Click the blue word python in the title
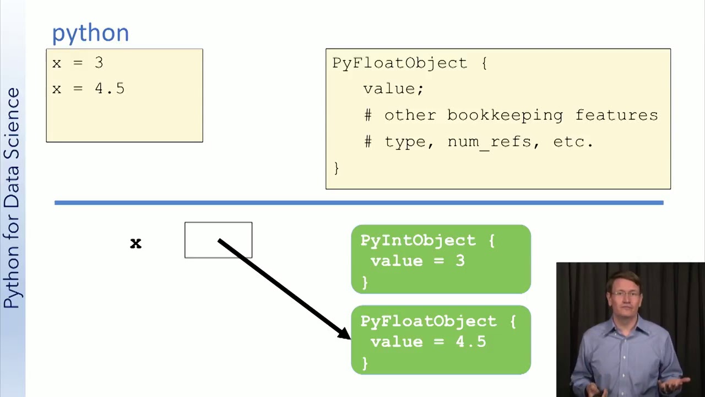(91, 34)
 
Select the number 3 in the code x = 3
(99, 63)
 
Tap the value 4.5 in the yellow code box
(110, 89)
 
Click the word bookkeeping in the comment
(505, 115)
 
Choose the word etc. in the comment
(573, 142)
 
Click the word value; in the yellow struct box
(393, 89)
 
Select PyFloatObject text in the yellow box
(400, 63)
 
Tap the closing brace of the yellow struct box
(337, 168)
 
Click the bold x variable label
(136, 244)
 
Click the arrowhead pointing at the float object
(345, 334)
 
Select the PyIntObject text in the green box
(418, 241)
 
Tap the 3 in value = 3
(460, 261)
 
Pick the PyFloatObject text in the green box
(429, 321)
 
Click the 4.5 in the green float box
(471, 342)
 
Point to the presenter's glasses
(625, 294)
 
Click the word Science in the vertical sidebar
(13, 124)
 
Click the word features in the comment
(616, 115)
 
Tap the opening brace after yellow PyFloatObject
(484, 63)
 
